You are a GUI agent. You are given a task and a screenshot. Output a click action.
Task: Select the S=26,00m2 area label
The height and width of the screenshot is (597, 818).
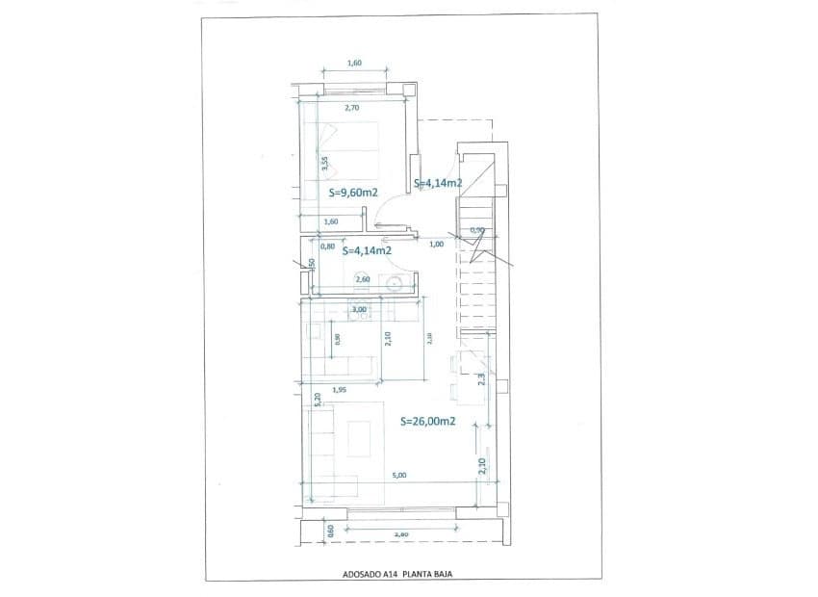coord(427,421)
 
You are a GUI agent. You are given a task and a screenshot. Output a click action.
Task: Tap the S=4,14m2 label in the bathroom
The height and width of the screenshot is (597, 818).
coord(368,250)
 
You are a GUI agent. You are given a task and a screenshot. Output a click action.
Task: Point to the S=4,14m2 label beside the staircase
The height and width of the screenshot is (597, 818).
coord(439,183)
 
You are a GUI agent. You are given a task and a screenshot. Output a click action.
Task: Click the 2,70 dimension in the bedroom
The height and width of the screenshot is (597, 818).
coord(351,108)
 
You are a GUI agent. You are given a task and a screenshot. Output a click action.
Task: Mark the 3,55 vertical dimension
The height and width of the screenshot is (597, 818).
coord(326,164)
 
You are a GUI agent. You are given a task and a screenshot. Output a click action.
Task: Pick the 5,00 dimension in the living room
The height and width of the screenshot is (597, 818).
coord(399,475)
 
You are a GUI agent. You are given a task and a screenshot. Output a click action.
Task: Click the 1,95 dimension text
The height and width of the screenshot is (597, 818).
coord(339,390)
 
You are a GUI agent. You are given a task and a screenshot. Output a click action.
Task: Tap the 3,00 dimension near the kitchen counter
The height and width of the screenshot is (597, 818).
coord(360,309)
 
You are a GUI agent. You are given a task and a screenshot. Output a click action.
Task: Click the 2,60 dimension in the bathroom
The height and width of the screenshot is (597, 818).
coord(363,280)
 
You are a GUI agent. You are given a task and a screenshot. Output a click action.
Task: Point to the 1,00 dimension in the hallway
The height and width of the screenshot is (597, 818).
coord(437,244)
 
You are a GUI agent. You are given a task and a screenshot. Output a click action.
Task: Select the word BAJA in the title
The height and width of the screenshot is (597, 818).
coord(442,573)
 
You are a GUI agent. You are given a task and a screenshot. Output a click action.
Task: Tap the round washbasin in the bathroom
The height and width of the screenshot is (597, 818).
coord(395,282)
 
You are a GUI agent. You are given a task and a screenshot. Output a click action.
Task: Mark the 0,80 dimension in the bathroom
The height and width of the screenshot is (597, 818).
coord(327,246)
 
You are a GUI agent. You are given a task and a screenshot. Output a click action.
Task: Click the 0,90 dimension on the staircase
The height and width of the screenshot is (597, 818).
coord(476,230)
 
